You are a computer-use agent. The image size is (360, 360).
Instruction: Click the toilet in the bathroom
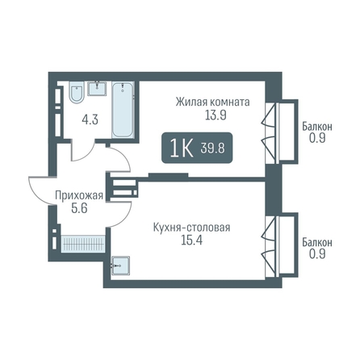tap(77, 92)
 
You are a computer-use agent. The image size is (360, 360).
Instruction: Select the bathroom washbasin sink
tap(97, 88)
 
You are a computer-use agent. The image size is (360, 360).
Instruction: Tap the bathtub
tap(123, 110)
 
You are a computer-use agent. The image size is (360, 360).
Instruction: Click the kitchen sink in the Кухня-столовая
tap(120, 266)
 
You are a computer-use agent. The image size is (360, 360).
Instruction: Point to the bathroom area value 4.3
tap(90, 119)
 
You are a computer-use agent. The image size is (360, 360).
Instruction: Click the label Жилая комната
tap(212, 103)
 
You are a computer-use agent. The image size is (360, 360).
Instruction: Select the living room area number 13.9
tap(216, 115)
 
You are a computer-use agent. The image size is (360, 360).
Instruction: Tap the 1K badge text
tap(182, 149)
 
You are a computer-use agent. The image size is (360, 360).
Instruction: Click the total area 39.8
tap(212, 148)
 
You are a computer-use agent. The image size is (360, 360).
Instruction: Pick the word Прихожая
tap(79, 195)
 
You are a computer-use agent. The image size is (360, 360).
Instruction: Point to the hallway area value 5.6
tap(79, 208)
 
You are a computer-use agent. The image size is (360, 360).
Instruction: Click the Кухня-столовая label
tap(191, 228)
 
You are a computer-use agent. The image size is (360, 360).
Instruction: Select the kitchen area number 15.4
tap(191, 241)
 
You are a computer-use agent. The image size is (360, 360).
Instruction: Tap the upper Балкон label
tap(317, 127)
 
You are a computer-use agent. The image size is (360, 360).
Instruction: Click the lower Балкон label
tap(317, 242)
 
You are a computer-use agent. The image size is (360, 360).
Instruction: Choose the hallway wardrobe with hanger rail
tap(83, 244)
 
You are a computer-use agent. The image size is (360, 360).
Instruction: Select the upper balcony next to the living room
tap(288, 131)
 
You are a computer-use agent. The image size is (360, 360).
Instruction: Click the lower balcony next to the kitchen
tap(288, 244)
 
